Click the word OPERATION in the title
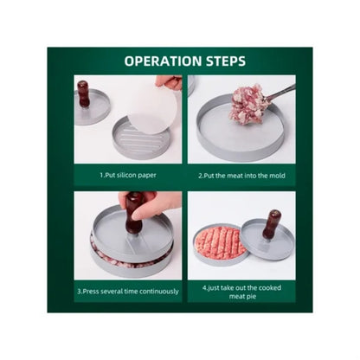pyautogui.click(x=163, y=61)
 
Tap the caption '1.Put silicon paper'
pyautogui.click(x=128, y=175)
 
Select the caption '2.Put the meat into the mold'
pyautogui.click(x=241, y=176)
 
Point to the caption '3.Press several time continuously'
pyautogui.click(x=128, y=292)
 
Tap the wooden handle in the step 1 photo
pyautogui.click(x=83, y=93)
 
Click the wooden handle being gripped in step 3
pyautogui.click(x=133, y=214)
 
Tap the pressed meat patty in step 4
pyautogui.click(x=219, y=241)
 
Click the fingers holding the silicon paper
pyautogui.click(x=170, y=83)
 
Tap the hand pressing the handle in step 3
pyautogui.click(x=151, y=205)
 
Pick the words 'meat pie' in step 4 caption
pyautogui.click(x=242, y=296)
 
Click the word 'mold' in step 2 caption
pyautogui.click(x=278, y=176)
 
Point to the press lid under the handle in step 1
pyautogui.click(x=92, y=107)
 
